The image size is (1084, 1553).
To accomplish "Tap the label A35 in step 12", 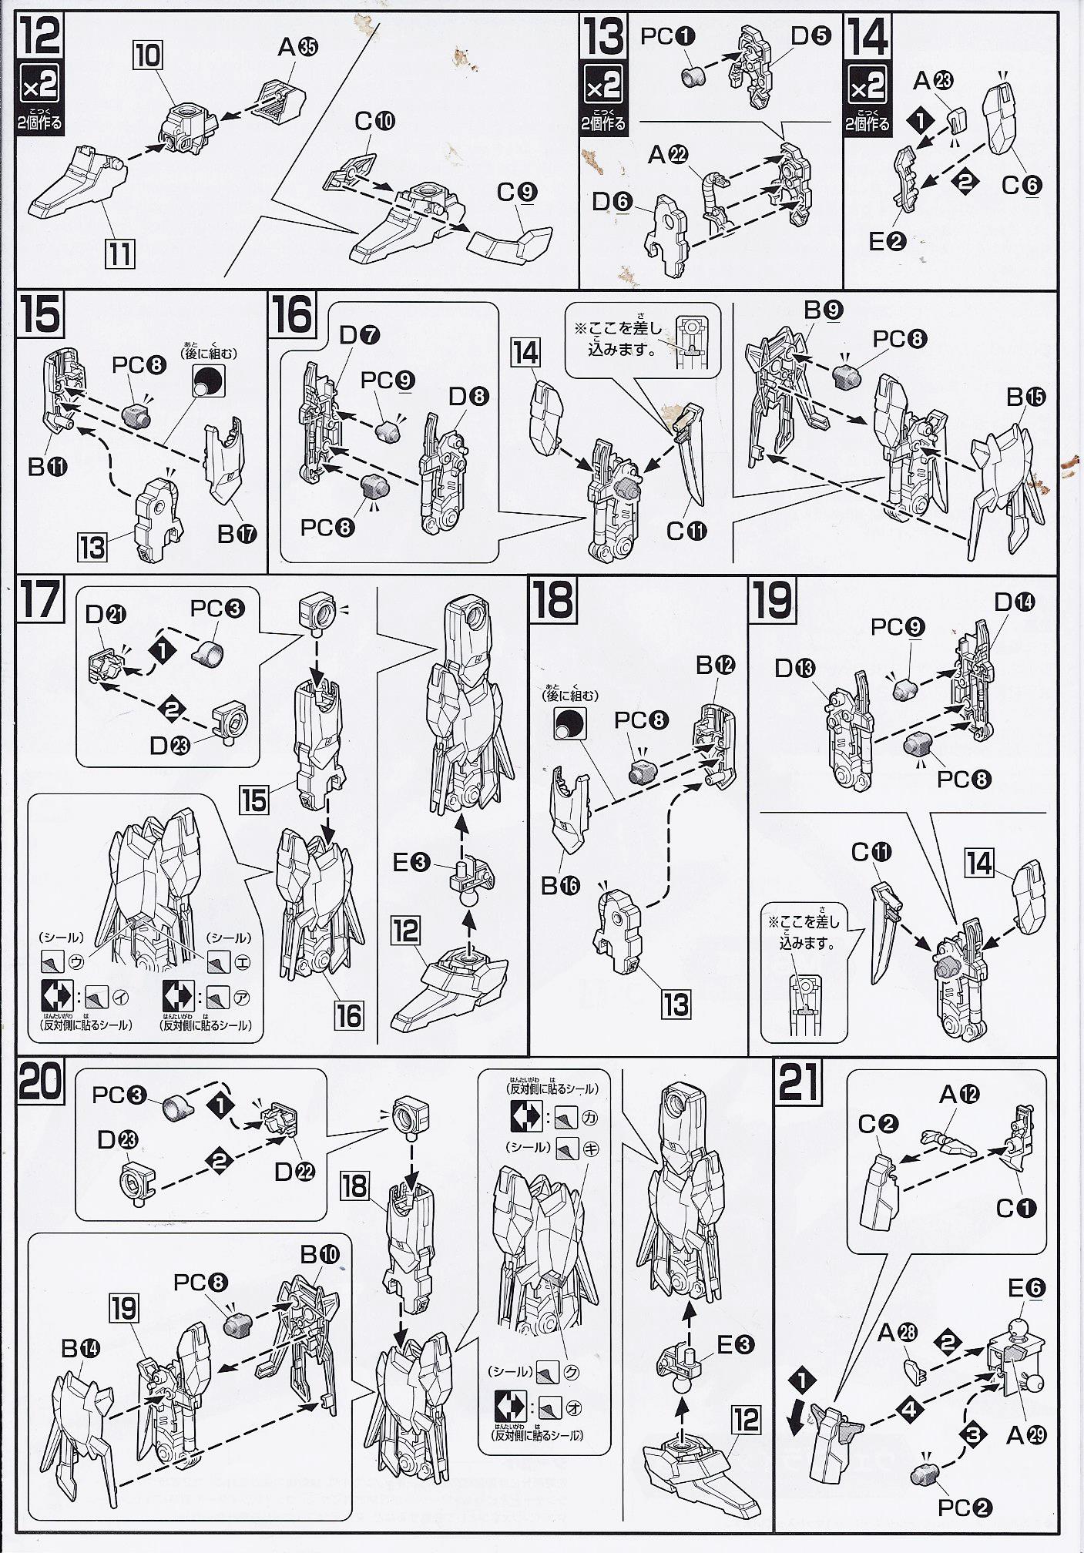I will tap(298, 48).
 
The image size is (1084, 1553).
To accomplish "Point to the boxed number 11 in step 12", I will tap(119, 253).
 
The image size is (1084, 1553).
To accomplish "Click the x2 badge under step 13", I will tap(603, 86).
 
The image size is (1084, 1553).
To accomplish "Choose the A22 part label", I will tap(667, 156).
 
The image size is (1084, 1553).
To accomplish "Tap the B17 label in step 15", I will tap(237, 533).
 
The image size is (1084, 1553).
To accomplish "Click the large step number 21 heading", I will tap(800, 1082).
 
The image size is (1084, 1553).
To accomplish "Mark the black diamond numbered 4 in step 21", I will tap(911, 1410).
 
